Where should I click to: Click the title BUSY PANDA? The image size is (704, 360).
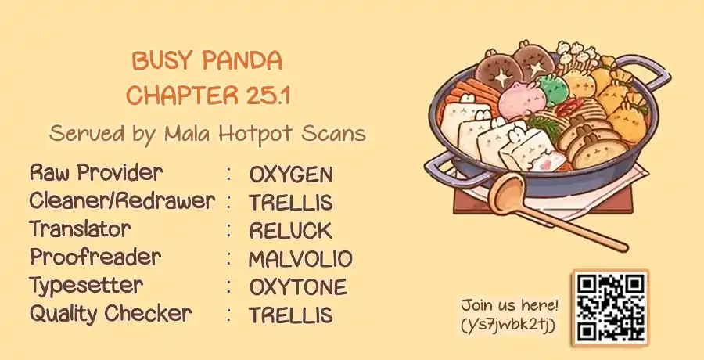tap(207, 61)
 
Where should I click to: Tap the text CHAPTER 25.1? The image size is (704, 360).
tap(208, 95)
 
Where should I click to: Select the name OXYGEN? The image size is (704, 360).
tap(291, 175)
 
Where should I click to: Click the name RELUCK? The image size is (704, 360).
tap(290, 231)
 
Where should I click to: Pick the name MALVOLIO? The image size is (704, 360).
tap(300, 259)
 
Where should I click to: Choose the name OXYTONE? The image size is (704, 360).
tap(298, 287)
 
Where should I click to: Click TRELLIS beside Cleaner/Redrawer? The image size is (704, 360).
tap(290, 203)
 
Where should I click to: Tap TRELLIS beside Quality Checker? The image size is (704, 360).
tap(290, 315)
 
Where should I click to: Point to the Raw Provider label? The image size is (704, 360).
tap(96, 173)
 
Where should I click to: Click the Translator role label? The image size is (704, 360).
tap(80, 229)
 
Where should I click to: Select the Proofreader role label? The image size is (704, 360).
tap(95, 257)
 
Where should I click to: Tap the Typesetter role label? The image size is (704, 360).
tap(86, 286)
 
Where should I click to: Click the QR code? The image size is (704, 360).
tap(611, 308)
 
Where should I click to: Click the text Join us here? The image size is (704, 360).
tap(509, 305)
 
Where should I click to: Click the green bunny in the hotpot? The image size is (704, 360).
tap(553, 88)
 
